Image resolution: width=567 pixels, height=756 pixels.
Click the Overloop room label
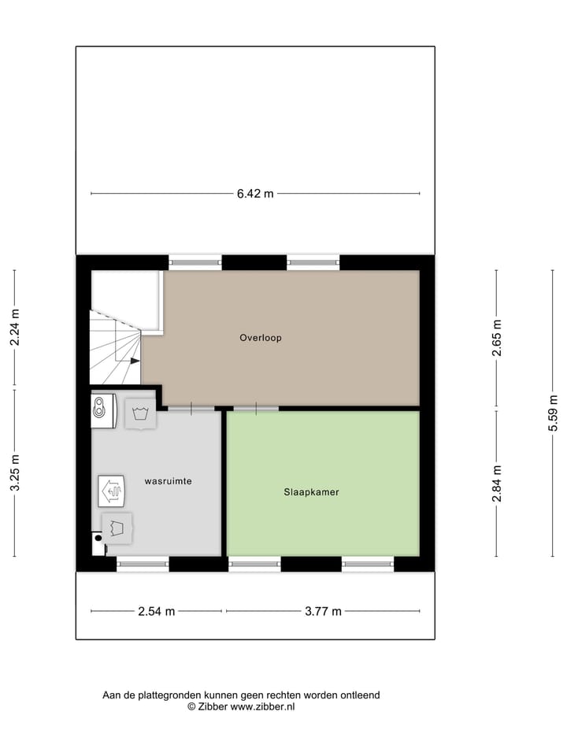[261, 338]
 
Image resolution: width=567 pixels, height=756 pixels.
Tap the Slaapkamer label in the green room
[312, 492]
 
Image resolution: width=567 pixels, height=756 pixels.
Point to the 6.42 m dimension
[255, 194]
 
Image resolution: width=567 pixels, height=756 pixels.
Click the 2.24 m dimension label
[14, 329]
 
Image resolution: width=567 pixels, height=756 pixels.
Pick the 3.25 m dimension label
[14, 473]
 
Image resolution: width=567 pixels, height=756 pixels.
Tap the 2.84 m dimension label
[497, 483]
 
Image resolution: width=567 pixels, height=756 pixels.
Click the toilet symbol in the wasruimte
[100, 409]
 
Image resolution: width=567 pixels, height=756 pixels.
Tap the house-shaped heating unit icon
[110, 491]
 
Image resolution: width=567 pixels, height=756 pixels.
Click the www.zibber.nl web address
[262, 706]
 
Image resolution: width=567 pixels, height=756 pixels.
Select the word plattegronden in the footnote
[169, 695]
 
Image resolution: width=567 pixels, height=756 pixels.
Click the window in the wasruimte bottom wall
[143, 564]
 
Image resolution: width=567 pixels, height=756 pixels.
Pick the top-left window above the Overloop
[195, 261]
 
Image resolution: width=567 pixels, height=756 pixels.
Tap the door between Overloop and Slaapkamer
[256, 408]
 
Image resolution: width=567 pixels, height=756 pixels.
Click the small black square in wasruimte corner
[98, 539]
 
